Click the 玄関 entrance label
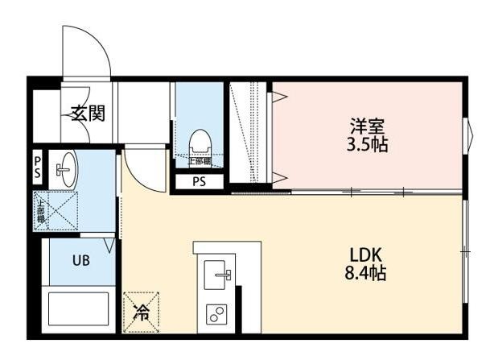point(86,114)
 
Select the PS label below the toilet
point(198,181)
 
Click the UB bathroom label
point(81,260)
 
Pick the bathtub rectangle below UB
point(79,311)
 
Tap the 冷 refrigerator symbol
point(141,312)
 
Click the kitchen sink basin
point(217,275)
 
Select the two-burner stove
point(217,315)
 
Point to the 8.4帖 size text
point(364,274)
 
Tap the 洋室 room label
point(367,126)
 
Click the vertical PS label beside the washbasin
point(37,169)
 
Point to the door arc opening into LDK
point(145,169)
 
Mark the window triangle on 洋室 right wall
point(468,134)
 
